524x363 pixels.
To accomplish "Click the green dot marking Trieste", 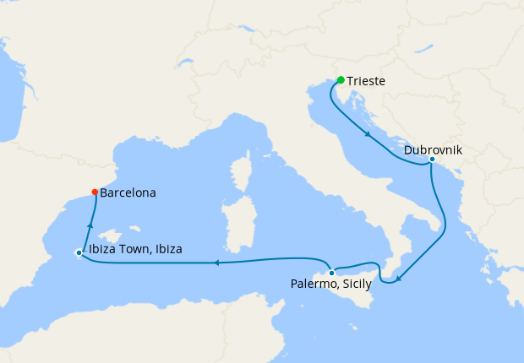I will click(341, 80).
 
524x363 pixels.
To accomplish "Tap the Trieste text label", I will click(367, 81).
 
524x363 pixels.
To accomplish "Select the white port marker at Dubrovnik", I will click(432, 159).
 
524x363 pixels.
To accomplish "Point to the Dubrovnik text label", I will click(433, 150).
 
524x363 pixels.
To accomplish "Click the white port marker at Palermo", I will click(332, 273).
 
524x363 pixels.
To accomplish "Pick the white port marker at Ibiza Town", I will click(79, 252).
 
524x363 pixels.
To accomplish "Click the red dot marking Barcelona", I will click(94, 192).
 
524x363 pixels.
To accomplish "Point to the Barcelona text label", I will click(128, 193).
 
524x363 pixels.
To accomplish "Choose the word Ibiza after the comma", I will click(166, 250).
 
